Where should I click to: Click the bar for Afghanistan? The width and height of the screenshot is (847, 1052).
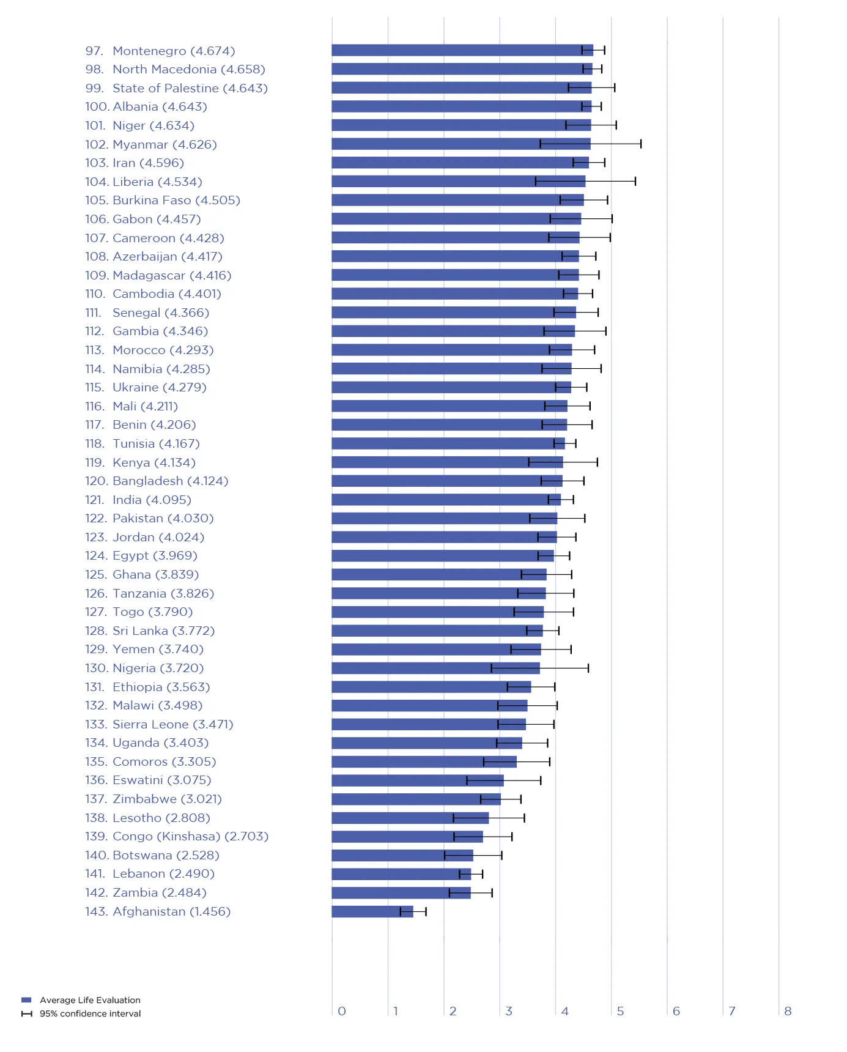coord(372,911)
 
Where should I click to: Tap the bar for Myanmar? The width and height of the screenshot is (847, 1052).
coord(460,144)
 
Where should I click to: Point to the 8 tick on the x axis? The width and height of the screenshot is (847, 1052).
coord(788,1011)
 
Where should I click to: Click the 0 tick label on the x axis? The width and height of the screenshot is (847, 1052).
coord(342,1011)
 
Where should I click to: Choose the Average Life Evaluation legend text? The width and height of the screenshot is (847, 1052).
coord(90,1000)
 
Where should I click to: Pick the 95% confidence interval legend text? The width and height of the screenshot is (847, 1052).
coord(90,1013)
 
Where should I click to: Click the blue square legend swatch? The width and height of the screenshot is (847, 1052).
coord(26,1000)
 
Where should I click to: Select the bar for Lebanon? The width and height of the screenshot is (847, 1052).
coord(401,874)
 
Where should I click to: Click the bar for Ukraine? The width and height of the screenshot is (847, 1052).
coord(451,387)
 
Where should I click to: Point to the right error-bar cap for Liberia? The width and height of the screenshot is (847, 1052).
coord(635,181)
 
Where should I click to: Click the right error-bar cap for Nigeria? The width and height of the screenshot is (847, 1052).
coord(588,668)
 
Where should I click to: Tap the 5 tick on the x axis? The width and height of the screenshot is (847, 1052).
coord(620,1011)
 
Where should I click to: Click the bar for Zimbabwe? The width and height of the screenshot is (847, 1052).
coord(416,799)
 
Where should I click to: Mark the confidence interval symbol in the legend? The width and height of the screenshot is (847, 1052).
coord(26,1013)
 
